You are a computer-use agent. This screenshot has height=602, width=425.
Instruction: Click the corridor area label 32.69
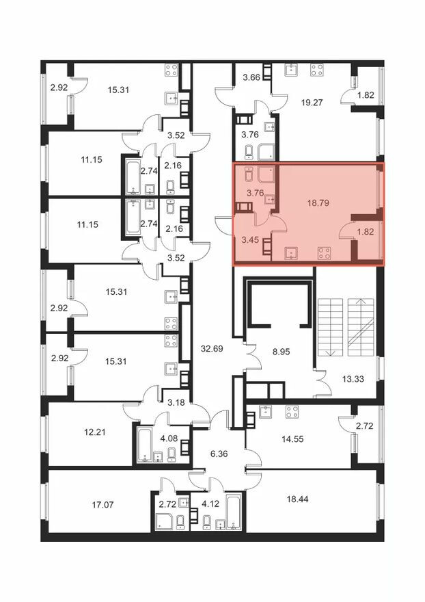(212, 349)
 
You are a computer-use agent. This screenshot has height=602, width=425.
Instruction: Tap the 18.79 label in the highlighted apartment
(318, 202)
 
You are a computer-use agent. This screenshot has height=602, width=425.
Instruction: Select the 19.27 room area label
(312, 103)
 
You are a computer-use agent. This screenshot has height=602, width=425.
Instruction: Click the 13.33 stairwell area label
(353, 379)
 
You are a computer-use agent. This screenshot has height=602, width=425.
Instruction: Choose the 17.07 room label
(103, 505)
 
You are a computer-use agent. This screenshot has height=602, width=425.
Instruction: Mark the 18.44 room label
(298, 499)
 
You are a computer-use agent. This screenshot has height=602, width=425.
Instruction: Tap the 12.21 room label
(95, 432)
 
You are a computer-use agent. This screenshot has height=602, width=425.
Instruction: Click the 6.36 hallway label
(219, 454)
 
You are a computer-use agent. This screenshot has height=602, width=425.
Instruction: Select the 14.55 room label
(292, 439)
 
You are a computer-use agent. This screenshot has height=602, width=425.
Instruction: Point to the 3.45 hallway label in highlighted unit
(250, 240)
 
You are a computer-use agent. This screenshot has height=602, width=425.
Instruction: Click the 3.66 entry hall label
(251, 77)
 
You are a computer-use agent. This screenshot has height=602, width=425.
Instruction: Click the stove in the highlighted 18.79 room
(325, 253)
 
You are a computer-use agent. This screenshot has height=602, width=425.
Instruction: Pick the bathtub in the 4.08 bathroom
(144, 445)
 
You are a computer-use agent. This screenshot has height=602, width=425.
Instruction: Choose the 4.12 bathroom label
(210, 503)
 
